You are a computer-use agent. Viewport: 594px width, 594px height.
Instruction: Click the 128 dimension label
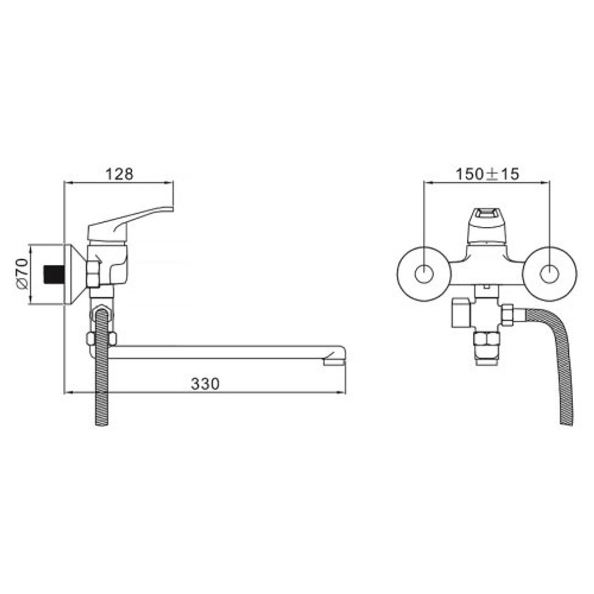pos(119,174)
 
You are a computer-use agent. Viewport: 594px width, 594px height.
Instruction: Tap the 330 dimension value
pos(205,384)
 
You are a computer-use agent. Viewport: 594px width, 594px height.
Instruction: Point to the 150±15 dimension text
pos(488,174)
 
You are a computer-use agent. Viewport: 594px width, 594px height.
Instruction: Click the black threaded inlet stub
pos(54,274)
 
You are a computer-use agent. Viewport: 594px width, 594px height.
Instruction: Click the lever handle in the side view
pos(131,223)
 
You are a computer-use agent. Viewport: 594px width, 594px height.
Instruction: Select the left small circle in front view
pos(424,274)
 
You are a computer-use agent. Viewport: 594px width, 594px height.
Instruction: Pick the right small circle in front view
pos(549,274)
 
